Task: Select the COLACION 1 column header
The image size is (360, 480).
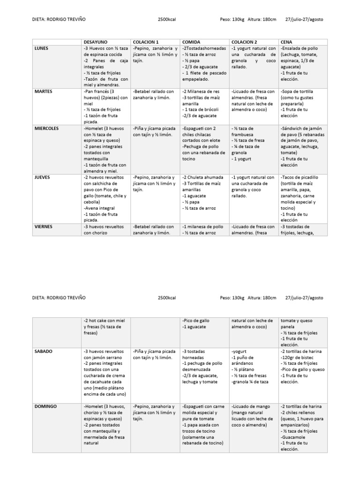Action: pos(146,42)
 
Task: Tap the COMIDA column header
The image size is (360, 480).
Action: pos(191,42)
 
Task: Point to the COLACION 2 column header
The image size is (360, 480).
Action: pos(244,42)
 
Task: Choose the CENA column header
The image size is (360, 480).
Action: pos(286,42)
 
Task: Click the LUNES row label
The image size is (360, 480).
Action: pos(41,48)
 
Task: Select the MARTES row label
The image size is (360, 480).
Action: pos(43,91)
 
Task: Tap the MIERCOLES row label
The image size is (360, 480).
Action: pos(47,128)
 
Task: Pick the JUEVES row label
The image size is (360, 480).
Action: pos(42,177)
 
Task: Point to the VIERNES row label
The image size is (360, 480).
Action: pos(44,226)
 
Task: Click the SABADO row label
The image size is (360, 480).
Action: pos(43,351)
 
